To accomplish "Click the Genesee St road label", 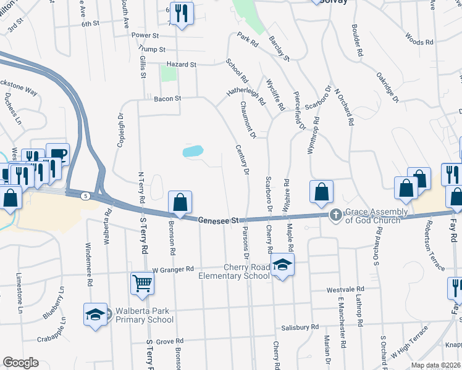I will [218, 220].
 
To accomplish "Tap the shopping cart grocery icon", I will [142, 284].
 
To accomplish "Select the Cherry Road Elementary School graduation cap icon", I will [282, 265].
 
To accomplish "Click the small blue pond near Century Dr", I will [193, 150].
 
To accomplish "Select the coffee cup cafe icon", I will [57, 155].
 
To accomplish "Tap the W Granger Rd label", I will [174, 269].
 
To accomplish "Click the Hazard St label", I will [181, 64].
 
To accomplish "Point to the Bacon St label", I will [167, 98].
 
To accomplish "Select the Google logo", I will [21, 363].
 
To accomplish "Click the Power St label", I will [146, 35].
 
